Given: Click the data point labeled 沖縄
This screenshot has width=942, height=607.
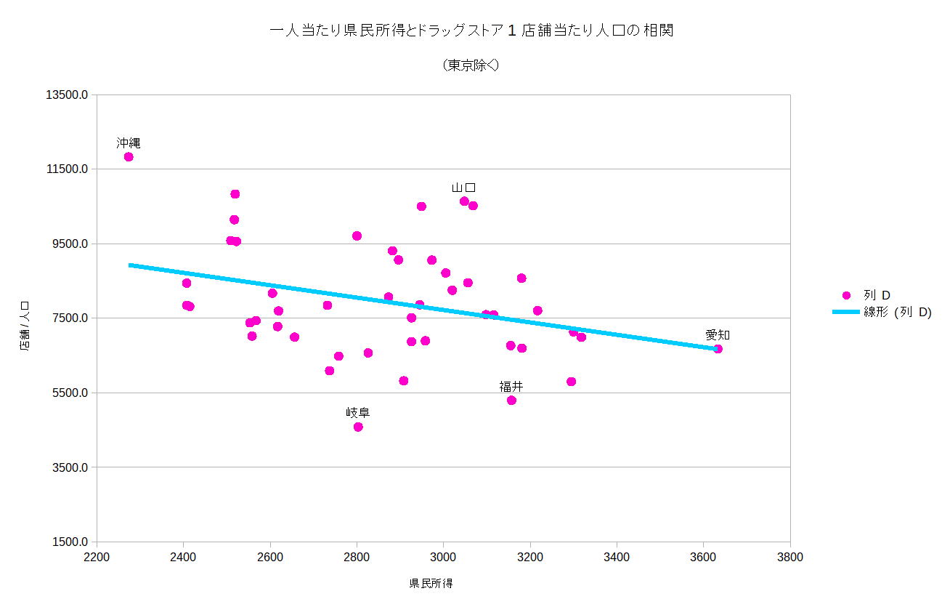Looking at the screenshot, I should (129, 156).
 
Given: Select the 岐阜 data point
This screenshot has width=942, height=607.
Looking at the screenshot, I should (358, 427).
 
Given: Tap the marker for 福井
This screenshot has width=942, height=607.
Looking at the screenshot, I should (511, 400).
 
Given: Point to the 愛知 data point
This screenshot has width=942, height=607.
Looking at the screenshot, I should (718, 349).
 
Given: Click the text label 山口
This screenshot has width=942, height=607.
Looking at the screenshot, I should (463, 188).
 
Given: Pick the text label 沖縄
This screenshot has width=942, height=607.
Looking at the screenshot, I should (129, 142).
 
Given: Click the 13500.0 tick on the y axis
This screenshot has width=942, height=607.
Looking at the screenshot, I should (68, 95).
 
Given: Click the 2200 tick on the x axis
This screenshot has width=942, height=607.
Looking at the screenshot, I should (97, 558).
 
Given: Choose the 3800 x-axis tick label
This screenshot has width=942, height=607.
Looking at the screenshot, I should (789, 558).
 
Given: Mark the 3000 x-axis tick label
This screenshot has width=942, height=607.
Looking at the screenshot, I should (443, 558).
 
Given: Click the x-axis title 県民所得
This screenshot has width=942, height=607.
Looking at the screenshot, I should (431, 583).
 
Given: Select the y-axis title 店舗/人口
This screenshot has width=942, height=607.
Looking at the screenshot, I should (25, 327).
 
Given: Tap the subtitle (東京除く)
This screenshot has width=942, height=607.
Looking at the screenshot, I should (471, 65).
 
